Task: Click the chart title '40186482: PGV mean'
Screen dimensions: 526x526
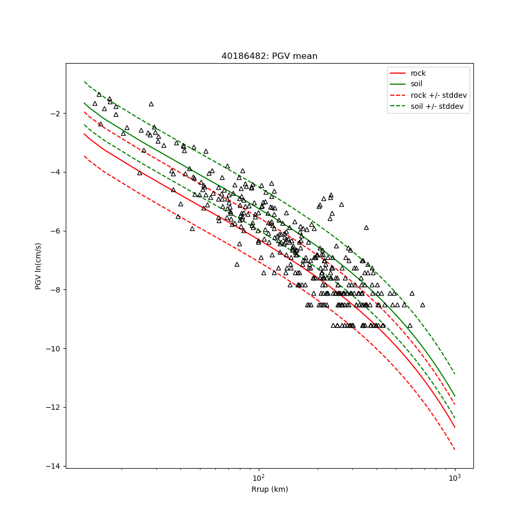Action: (269, 56)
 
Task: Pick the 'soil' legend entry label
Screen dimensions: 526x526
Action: (417, 84)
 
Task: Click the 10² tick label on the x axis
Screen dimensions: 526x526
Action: (258, 478)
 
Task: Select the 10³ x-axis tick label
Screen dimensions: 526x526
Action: (454, 478)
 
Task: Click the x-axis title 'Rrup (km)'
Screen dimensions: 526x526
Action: (269, 490)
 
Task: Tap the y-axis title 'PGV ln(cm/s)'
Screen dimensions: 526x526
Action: (38, 266)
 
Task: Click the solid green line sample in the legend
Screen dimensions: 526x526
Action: (398, 84)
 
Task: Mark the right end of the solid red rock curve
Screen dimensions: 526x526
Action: (454, 427)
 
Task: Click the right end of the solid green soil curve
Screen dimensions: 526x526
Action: (454, 396)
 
